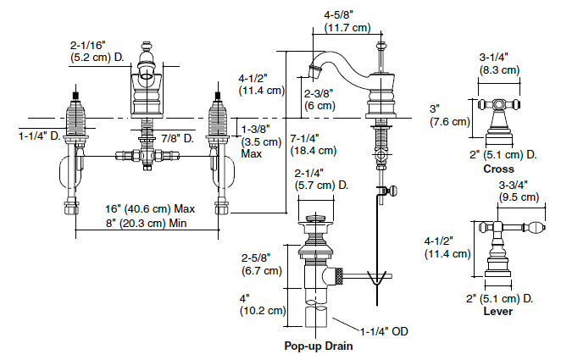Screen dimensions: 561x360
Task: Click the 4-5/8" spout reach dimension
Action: click(347, 21)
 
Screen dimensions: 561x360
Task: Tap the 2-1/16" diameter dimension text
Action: click(97, 51)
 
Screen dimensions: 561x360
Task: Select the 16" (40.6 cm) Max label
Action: click(150, 208)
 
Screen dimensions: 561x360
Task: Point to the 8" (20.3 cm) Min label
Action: click(146, 224)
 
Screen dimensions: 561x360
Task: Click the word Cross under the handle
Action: click(498, 169)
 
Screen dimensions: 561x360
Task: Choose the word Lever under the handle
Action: click(498, 311)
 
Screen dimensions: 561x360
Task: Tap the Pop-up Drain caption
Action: click(319, 346)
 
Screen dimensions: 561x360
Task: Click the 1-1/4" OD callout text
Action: click(384, 331)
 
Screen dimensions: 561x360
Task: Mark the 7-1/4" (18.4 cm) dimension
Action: click(314, 145)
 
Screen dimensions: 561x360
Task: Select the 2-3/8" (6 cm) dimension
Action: click(319, 99)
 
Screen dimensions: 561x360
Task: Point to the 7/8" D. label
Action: click(177, 138)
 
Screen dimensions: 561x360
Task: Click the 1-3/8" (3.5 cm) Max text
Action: click(261, 141)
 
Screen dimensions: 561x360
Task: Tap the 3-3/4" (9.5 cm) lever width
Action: click(519, 191)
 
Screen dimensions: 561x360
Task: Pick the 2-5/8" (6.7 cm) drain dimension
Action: click(262, 264)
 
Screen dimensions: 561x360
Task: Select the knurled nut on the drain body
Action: click(337, 276)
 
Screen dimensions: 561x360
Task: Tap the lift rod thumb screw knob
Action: click(393, 191)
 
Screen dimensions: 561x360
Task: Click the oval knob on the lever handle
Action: click(536, 227)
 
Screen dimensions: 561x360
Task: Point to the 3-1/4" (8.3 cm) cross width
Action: click(499, 64)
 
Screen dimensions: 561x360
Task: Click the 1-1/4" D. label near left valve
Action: click(39, 136)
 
